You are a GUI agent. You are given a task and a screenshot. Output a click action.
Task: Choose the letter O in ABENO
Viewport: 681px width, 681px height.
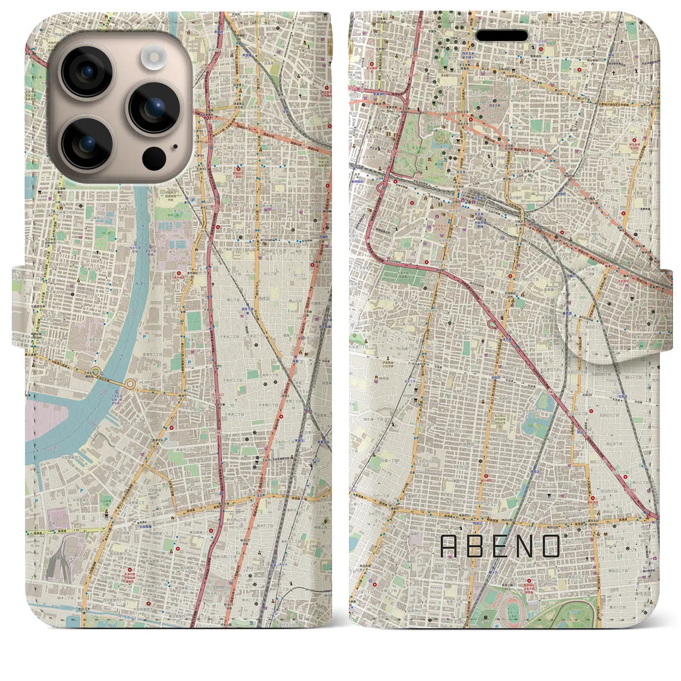[x=551, y=546]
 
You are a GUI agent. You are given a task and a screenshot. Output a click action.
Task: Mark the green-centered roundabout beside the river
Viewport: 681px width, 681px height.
[x=96, y=371]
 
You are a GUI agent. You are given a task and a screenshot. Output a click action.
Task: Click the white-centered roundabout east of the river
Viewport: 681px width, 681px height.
[x=130, y=383]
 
